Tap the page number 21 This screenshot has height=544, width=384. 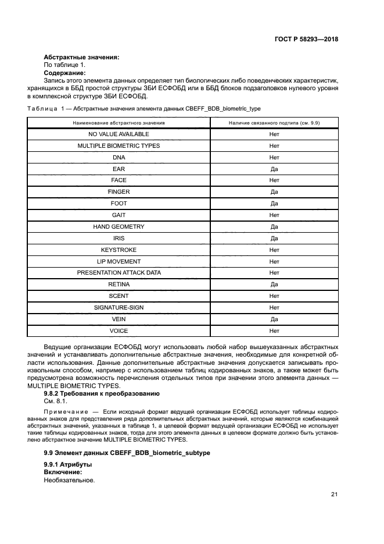tap(334, 495)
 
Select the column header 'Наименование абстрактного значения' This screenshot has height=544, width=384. tap(119, 123)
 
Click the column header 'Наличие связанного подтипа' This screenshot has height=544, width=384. tap(274, 123)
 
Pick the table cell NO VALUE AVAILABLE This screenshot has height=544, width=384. tap(119, 134)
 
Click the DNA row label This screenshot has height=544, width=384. tap(119, 157)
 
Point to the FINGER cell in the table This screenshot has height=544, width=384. tap(119, 192)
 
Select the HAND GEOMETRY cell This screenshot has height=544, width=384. tap(119, 226)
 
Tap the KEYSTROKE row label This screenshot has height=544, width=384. tap(119, 250)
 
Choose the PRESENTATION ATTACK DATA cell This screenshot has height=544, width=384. tap(119, 272)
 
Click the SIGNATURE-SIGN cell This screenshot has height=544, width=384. tap(119, 307)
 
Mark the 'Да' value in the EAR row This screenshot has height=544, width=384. tap(274, 169)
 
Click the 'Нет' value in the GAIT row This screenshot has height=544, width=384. tap(274, 215)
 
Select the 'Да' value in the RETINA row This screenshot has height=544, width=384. tap(274, 285)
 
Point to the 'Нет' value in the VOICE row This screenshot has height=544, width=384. tap(274, 330)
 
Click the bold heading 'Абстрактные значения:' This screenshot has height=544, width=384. tap(81, 57)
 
